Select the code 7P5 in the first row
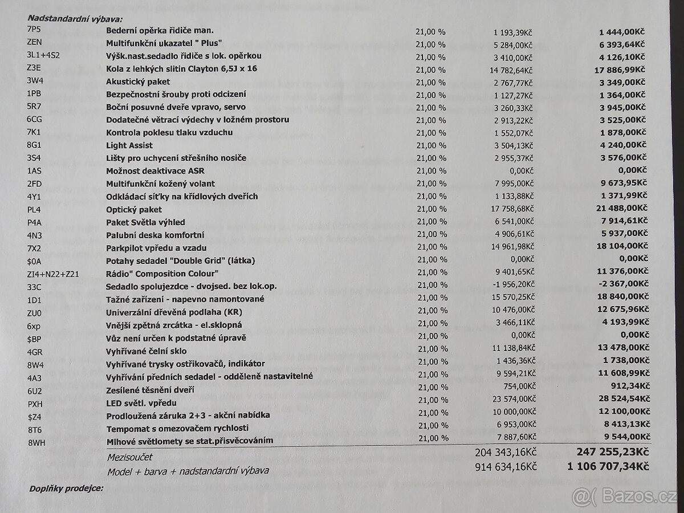[x=34, y=30]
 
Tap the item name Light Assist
[x=129, y=145]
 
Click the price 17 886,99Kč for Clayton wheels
[x=616, y=69]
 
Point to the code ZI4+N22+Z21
[x=53, y=274]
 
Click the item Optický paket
[x=134, y=210]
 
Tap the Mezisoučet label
[x=130, y=457]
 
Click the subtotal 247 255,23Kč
[x=609, y=453]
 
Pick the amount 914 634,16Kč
[x=506, y=467]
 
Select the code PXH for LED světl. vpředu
[x=35, y=403]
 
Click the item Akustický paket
[x=138, y=82]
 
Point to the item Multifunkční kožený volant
[x=161, y=184]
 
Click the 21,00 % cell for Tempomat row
[x=431, y=428]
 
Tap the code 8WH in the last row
[x=35, y=441]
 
